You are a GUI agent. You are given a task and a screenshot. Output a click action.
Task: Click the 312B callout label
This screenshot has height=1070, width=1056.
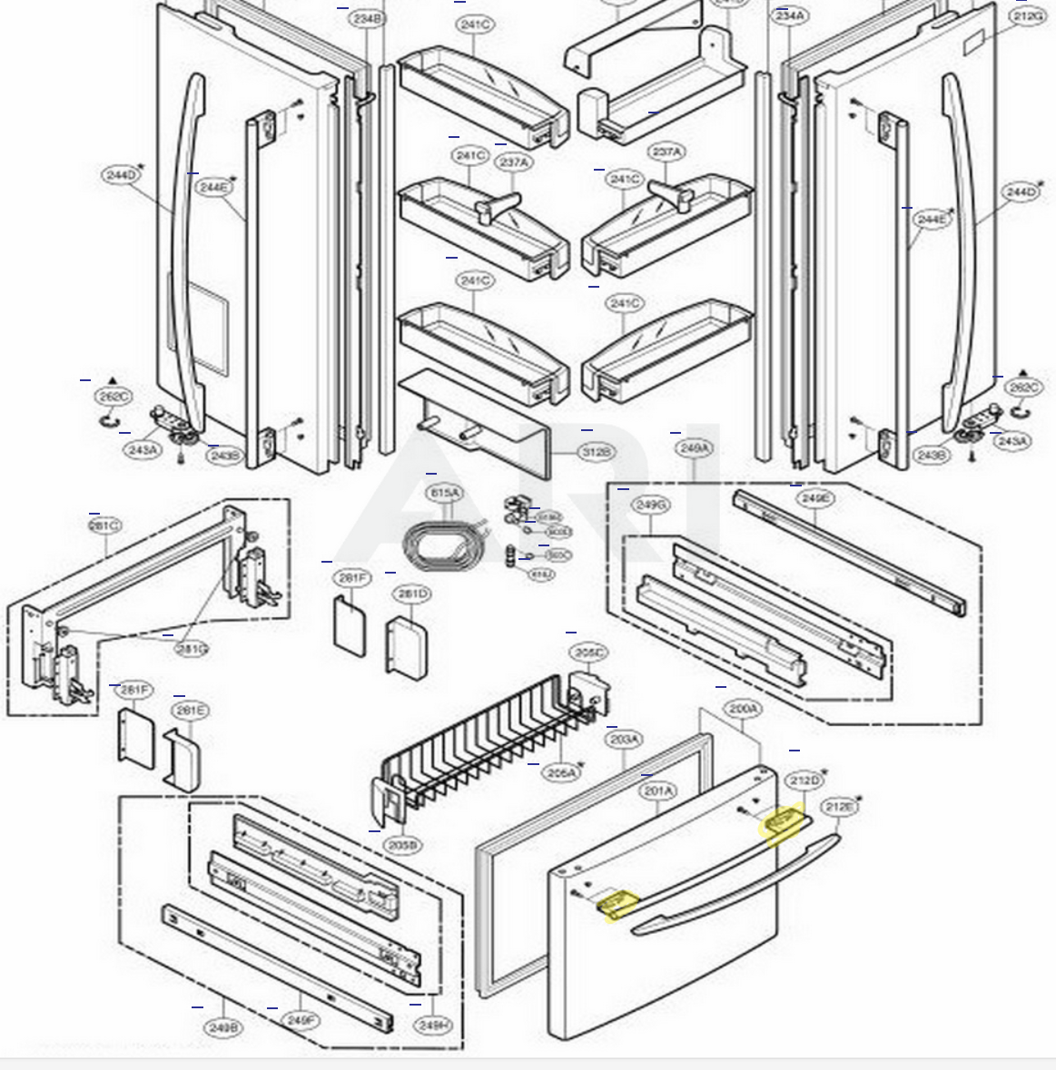pyautogui.click(x=596, y=451)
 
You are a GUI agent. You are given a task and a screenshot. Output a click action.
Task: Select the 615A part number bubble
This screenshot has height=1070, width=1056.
pyautogui.click(x=445, y=492)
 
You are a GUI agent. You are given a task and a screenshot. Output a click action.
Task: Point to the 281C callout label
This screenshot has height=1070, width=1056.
pyautogui.click(x=105, y=525)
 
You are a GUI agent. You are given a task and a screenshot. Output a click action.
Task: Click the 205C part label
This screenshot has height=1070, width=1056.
pyautogui.click(x=588, y=653)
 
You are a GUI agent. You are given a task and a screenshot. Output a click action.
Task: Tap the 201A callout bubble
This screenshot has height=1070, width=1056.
pyautogui.click(x=658, y=790)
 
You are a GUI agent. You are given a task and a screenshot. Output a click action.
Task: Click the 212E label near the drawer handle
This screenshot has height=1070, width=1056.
pyautogui.click(x=839, y=807)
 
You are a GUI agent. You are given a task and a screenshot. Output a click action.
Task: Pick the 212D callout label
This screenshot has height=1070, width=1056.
pyautogui.click(x=804, y=780)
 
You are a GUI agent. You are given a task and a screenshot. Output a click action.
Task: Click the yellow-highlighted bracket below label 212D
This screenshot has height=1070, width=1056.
pyautogui.click(x=785, y=825)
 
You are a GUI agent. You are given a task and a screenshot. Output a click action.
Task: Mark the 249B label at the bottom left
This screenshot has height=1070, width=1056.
pyautogui.click(x=223, y=1027)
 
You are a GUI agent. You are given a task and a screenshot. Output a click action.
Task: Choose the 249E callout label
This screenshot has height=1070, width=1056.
pyautogui.click(x=814, y=498)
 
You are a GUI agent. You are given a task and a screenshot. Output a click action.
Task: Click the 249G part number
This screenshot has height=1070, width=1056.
pyautogui.click(x=651, y=505)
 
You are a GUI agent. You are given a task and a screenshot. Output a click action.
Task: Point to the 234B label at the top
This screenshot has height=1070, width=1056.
pyautogui.click(x=368, y=18)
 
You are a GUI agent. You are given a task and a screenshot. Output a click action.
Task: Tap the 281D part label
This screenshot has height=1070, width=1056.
pyautogui.click(x=411, y=594)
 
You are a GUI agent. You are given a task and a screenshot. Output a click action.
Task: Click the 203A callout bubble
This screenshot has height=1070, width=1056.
pyautogui.click(x=624, y=740)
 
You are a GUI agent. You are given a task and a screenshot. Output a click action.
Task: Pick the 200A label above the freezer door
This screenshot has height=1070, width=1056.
pyautogui.click(x=744, y=708)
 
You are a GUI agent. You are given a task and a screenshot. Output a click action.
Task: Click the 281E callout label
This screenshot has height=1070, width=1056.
pyautogui.click(x=191, y=711)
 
